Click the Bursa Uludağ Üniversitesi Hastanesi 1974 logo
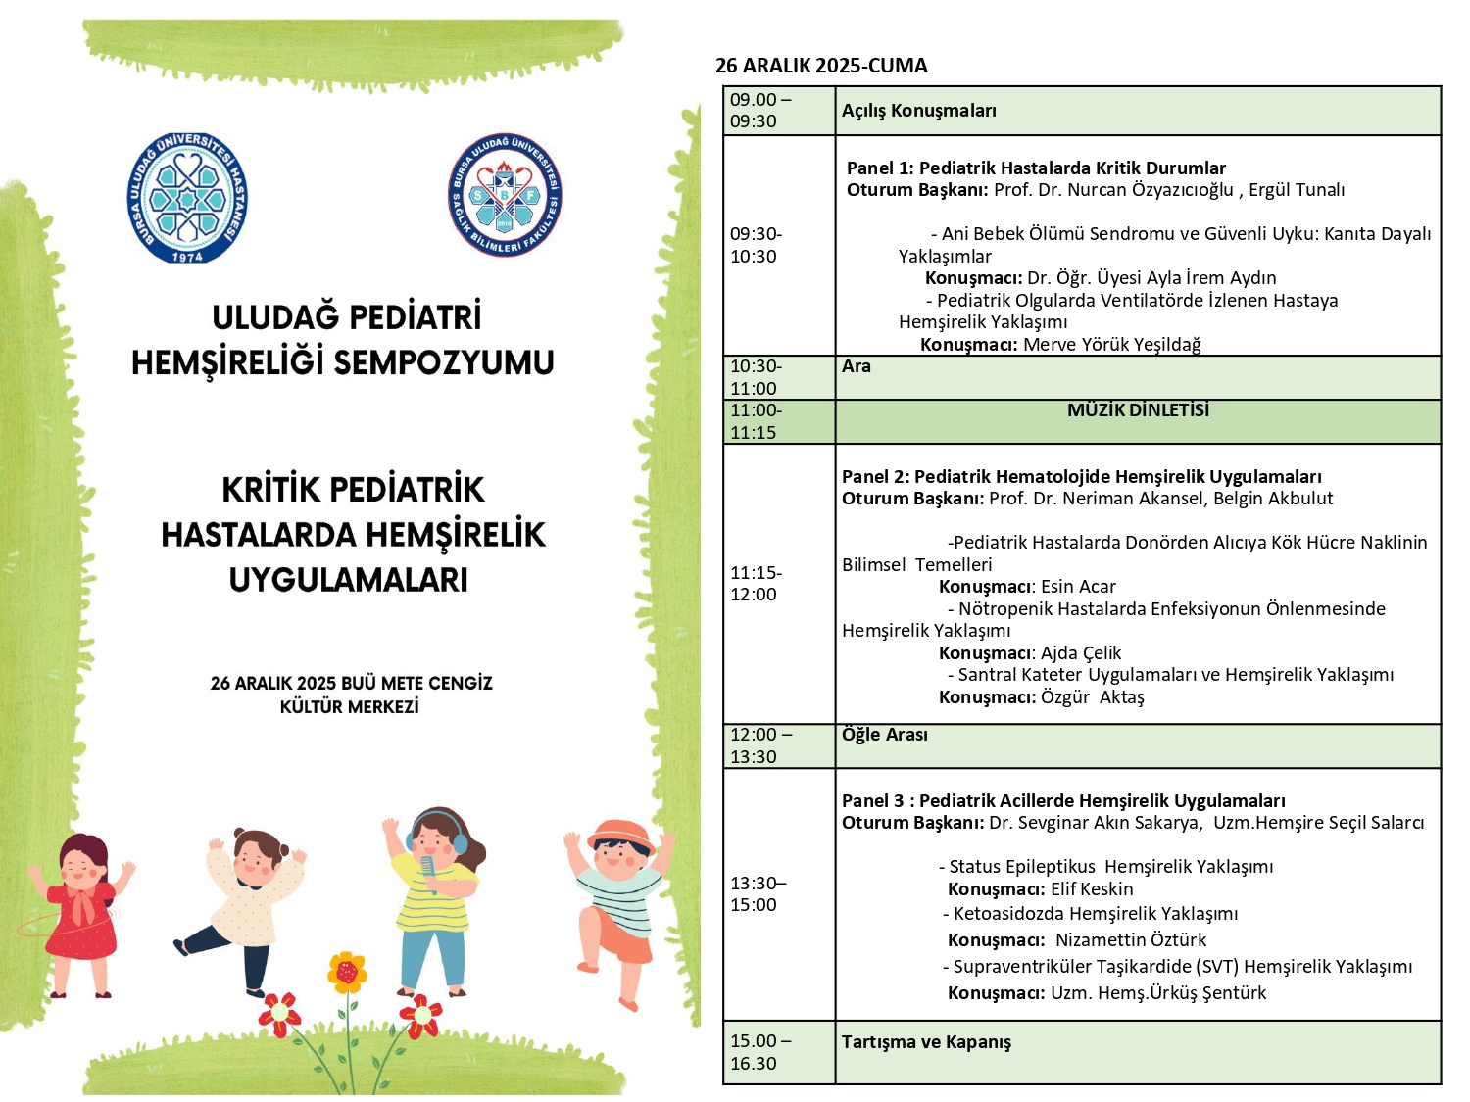(x=187, y=198)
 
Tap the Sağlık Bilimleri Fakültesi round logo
(x=505, y=195)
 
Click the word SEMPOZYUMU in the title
(x=444, y=362)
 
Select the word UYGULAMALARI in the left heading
(x=349, y=579)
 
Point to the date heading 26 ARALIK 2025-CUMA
(x=821, y=66)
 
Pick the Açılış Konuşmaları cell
(x=918, y=111)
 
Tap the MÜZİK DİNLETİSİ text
(x=1138, y=410)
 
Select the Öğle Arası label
(x=884, y=735)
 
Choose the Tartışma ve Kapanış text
(x=926, y=1042)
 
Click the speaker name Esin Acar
(x=1078, y=587)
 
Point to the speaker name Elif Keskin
(x=1092, y=889)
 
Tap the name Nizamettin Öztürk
(x=1131, y=940)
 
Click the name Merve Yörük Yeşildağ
(x=1111, y=345)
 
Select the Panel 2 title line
(x=1081, y=477)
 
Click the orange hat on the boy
(x=621, y=834)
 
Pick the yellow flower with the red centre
(x=346, y=971)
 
